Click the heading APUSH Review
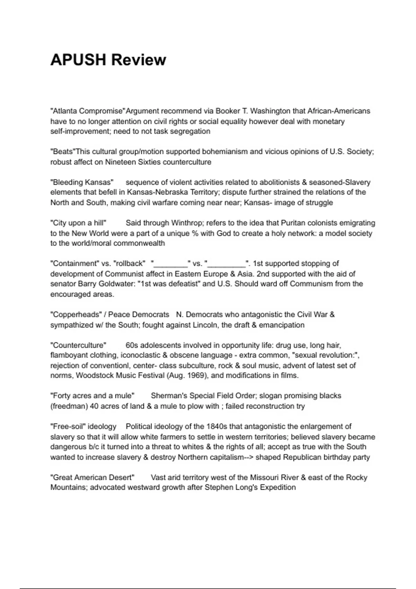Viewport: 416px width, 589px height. click(108, 60)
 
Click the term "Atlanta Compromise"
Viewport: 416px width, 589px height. click(87, 111)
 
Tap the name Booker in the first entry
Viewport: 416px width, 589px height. click(227, 111)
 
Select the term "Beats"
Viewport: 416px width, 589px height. click(63, 152)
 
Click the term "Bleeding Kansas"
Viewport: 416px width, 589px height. click(82, 182)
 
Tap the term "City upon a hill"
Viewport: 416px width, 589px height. click(78, 223)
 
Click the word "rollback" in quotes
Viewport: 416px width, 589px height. click(129, 264)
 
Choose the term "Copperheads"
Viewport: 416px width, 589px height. click(76, 315)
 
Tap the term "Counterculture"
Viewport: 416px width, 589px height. click(78, 345)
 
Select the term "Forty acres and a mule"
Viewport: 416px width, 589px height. click(92, 396)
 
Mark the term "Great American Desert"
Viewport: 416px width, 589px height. click(92, 477)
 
